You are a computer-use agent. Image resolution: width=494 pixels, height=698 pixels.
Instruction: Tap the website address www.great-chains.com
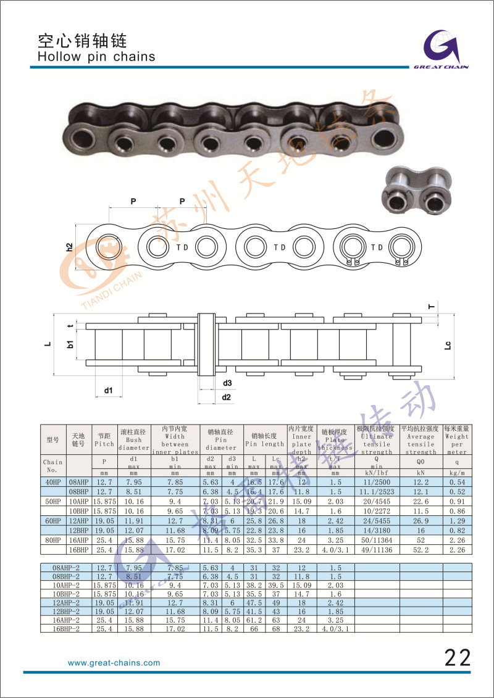[x=114, y=663]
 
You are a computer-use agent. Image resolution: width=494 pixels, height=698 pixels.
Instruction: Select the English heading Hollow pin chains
[x=96, y=57]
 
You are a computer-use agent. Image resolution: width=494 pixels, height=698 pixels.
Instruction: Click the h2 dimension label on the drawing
[x=70, y=247]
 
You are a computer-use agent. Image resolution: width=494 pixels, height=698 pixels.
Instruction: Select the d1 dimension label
[x=108, y=390]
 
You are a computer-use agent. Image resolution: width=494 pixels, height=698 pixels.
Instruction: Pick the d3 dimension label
[x=227, y=383]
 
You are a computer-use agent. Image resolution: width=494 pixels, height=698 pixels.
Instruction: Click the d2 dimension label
[x=226, y=397]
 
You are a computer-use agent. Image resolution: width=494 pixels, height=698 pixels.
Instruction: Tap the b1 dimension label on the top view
[x=71, y=343]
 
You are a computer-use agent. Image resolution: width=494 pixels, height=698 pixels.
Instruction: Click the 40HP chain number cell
[x=53, y=481]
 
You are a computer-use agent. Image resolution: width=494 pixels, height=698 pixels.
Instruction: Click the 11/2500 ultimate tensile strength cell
[x=377, y=481]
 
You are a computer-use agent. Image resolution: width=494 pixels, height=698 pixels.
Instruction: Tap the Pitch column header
[x=104, y=444]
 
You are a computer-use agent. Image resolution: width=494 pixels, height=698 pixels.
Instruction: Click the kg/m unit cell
[x=457, y=473]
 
